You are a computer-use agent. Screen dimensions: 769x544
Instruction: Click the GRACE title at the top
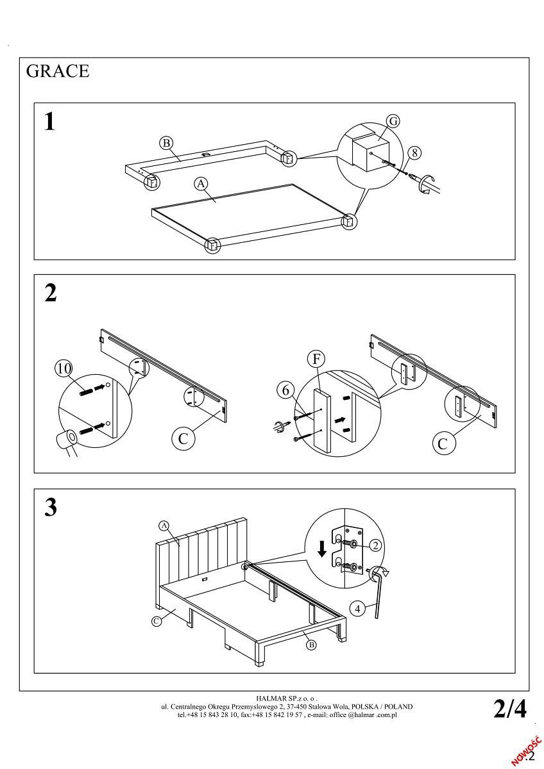coord(58,71)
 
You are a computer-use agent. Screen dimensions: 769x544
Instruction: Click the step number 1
coord(49,121)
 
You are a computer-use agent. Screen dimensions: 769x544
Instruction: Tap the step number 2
coord(50,293)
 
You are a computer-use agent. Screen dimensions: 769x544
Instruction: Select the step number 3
coord(50,508)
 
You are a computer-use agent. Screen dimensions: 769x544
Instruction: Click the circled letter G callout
coord(393,121)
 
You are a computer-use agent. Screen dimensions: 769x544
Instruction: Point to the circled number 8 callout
coord(415,153)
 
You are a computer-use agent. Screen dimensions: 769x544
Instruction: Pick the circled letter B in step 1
coord(166,142)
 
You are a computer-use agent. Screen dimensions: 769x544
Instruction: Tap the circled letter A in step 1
coord(201,184)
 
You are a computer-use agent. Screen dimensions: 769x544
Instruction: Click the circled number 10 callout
coord(64,368)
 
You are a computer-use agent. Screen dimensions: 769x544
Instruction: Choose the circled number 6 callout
coord(287,390)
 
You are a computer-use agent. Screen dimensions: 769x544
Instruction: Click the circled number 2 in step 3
coord(376,545)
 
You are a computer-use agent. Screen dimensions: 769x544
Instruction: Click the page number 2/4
coord(510,709)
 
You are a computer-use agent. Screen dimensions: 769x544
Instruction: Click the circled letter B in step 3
coord(311,645)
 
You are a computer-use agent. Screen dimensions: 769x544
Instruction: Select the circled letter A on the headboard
coord(164,526)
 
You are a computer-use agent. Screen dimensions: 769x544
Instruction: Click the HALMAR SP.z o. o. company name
coord(286,699)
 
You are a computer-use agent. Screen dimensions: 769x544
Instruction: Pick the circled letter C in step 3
coord(156,620)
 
